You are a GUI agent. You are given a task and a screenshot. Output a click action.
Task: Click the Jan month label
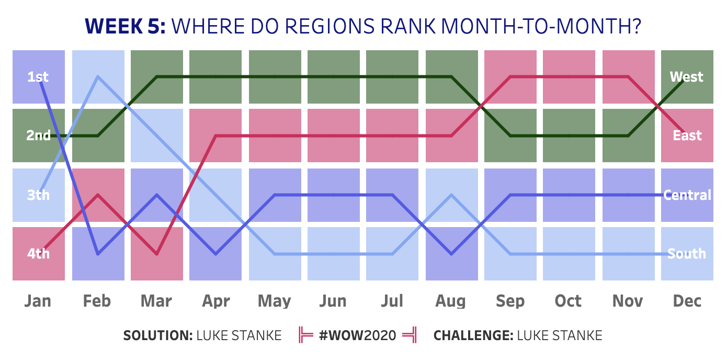pyautogui.click(x=39, y=301)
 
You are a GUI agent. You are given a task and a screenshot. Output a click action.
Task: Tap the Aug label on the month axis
pyautogui.click(x=450, y=301)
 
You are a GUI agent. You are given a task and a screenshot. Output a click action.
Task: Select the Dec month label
pyautogui.click(x=687, y=301)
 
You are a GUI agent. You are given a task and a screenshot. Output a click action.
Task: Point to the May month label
pyautogui.click(x=275, y=301)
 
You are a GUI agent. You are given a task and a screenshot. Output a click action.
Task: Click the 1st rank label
pyautogui.click(x=38, y=77)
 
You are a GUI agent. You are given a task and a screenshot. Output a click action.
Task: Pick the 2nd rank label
pyautogui.click(x=38, y=136)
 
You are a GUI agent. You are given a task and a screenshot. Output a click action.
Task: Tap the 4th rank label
pyautogui.click(x=38, y=254)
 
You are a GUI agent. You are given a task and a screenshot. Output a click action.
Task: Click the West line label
pyautogui.click(x=686, y=77)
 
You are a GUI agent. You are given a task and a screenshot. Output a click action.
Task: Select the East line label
pyautogui.click(x=687, y=136)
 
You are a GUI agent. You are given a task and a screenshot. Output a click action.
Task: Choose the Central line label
pyautogui.click(x=687, y=195)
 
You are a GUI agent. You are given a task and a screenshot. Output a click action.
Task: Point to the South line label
pyautogui.click(x=687, y=254)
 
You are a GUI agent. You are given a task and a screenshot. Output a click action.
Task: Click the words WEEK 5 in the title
pyautogui.click(x=125, y=26)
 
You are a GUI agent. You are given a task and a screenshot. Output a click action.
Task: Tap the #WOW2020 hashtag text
pyautogui.click(x=357, y=335)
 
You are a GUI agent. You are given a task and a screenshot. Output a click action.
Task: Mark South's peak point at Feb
pyautogui.click(x=98, y=77)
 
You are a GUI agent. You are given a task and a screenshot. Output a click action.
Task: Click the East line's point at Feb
pyautogui.click(x=98, y=195)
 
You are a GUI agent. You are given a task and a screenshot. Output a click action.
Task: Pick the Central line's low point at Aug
pyautogui.click(x=451, y=254)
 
